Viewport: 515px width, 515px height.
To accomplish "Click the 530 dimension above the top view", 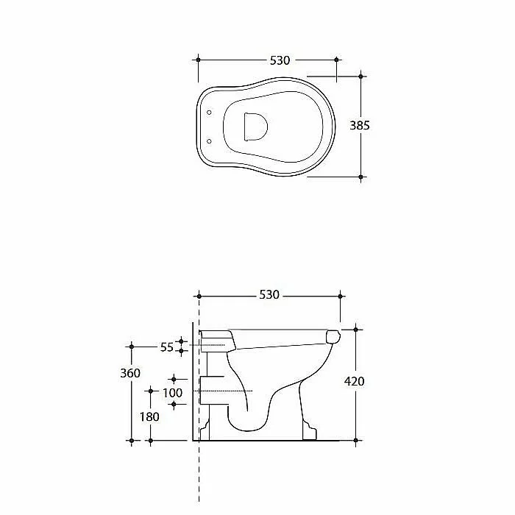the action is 280,60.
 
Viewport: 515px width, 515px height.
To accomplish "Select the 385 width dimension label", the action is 360,126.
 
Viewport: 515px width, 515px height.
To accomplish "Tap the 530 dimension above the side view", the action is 269,294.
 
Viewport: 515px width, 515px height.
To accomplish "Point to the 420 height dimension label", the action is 354,381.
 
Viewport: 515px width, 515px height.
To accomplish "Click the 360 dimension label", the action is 130,373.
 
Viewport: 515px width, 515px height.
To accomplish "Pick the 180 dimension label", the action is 149,417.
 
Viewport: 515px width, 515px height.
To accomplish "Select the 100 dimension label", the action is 172,393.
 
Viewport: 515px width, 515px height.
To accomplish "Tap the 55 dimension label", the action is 166,347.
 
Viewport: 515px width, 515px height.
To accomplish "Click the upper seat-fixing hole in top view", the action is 209,113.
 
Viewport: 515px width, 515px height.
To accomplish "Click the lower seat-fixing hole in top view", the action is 209,141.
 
